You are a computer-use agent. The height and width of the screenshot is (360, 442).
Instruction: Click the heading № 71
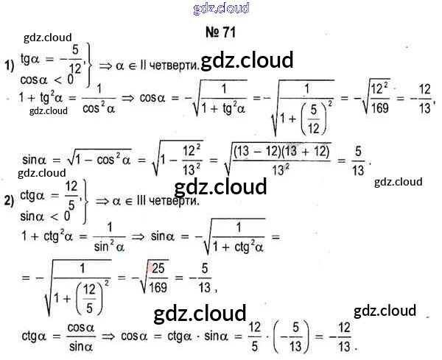click(x=220, y=32)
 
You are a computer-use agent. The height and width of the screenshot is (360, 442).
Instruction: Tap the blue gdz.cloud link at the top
click(x=220, y=8)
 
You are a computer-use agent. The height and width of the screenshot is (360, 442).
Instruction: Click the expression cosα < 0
click(x=45, y=78)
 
